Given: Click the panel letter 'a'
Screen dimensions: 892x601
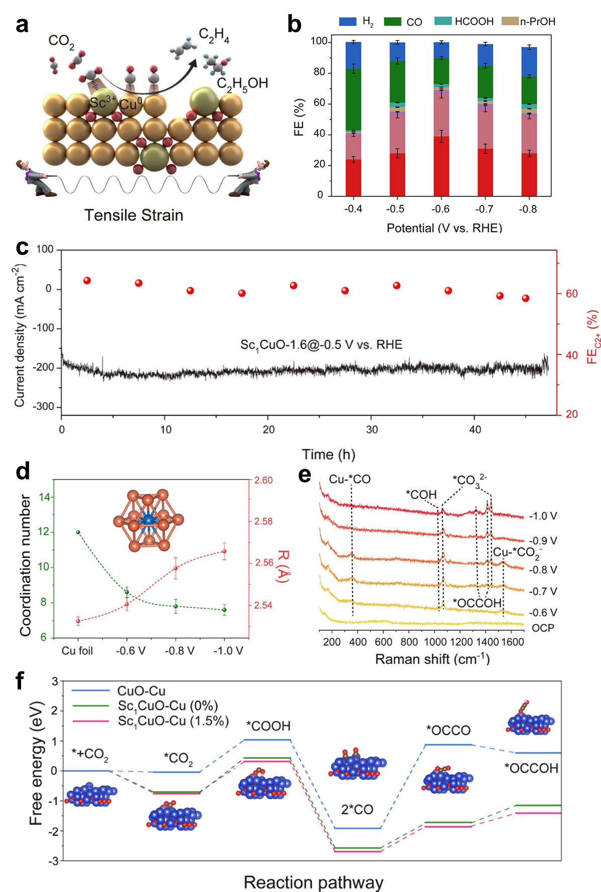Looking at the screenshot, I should [x=22, y=25].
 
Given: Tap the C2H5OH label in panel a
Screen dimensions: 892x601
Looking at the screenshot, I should [x=242, y=83].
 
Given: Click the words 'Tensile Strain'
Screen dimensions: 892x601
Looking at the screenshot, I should [x=134, y=215].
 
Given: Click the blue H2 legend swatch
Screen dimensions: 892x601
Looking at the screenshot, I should [x=348, y=22].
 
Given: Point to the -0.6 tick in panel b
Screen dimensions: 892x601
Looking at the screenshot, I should [x=441, y=209].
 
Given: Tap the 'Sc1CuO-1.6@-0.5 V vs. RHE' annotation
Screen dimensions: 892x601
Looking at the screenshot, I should [x=321, y=345].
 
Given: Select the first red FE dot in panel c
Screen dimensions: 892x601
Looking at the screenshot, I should [x=87, y=280].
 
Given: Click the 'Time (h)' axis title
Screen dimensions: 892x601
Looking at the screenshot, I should [x=328, y=454].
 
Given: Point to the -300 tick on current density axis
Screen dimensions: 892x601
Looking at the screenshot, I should [x=43, y=407].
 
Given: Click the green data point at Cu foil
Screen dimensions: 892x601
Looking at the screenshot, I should [x=78, y=532].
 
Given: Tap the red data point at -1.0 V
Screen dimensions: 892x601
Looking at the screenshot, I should [x=224, y=551].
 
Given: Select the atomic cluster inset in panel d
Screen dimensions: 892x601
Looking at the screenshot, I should [x=148, y=521].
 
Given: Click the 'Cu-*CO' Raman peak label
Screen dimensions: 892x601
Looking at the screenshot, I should [x=350, y=479].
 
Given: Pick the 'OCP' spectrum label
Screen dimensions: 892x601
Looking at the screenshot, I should [x=543, y=628].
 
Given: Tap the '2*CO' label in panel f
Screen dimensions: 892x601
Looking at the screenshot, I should [x=357, y=810].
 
